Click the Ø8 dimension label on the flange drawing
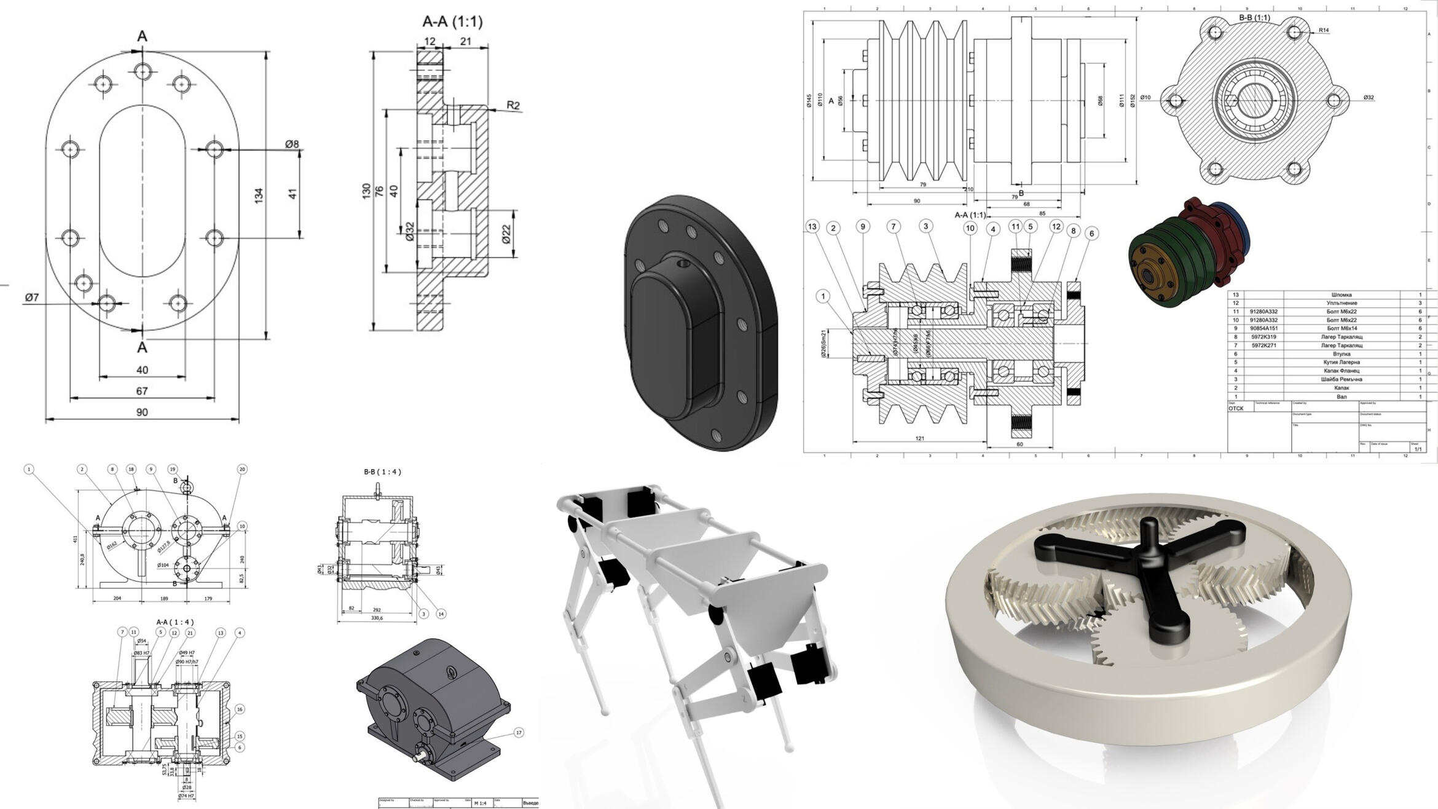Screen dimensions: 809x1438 [x=291, y=144]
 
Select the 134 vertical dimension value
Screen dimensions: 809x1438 [x=259, y=195]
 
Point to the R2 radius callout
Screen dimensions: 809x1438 [x=513, y=105]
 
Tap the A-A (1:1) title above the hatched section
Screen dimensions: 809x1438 [x=452, y=22]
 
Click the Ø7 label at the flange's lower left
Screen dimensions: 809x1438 [x=32, y=298]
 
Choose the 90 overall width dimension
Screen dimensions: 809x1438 [x=142, y=412]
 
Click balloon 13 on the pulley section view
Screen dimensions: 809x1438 [x=812, y=227]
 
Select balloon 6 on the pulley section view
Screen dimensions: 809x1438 [x=1091, y=234]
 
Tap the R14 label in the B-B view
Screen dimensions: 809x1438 [x=1324, y=30]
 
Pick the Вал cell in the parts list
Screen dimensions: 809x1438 [x=1342, y=397]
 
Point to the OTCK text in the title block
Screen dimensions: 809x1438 [x=1236, y=408]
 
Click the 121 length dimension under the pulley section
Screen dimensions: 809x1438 [x=919, y=438]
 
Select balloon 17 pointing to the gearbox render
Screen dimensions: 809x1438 [x=519, y=732]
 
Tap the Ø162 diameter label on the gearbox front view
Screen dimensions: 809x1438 [x=112, y=545]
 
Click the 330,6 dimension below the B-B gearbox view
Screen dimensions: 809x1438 [x=377, y=618]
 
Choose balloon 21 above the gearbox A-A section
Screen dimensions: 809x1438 [x=190, y=633]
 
